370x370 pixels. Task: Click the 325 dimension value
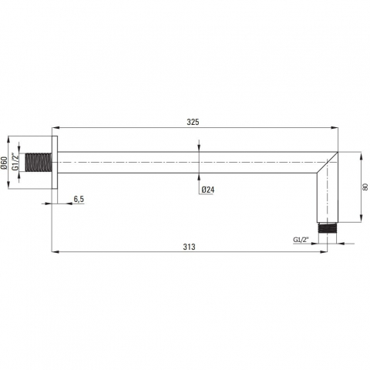pos(193,122)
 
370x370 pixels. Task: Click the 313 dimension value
pos(189,247)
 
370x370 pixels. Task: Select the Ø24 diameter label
pos(208,190)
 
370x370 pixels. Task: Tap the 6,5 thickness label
pos(79,199)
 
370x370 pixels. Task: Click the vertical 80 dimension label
pos(365,187)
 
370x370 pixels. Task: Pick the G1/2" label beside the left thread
pos(15,162)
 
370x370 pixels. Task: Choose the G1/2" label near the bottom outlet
pos(301,240)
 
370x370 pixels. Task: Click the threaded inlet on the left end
pos(39,163)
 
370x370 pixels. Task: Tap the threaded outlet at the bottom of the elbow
pos(327,228)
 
